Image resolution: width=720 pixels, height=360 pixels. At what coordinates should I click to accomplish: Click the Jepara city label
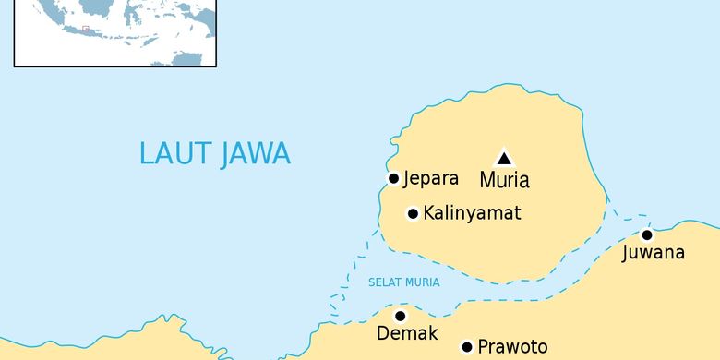pyautogui.click(x=431, y=178)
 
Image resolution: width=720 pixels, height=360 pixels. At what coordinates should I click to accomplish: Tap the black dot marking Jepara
pyautogui.click(x=393, y=178)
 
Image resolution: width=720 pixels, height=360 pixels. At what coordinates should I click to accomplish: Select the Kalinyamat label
pyautogui.click(x=472, y=213)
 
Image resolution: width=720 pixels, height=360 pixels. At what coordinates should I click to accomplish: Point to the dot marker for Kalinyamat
pyautogui.click(x=413, y=214)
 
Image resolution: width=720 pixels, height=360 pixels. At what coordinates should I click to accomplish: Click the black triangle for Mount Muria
pyautogui.click(x=504, y=158)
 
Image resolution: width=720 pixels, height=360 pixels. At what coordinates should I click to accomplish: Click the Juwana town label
pyautogui.click(x=654, y=252)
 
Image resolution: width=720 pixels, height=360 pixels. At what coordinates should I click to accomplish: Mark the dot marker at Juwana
pyautogui.click(x=647, y=234)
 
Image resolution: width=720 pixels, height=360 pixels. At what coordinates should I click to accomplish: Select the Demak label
pyautogui.click(x=407, y=334)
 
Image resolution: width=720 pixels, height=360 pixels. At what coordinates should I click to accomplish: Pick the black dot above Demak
pyautogui.click(x=401, y=316)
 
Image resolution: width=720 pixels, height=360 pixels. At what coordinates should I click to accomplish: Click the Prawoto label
pyautogui.click(x=512, y=348)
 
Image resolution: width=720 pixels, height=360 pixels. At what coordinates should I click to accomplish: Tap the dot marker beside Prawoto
pyautogui.click(x=467, y=347)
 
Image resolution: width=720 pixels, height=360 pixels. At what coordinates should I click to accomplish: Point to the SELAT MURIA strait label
pyautogui.click(x=403, y=282)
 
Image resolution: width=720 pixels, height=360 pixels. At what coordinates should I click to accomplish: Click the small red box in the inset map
pyautogui.click(x=86, y=29)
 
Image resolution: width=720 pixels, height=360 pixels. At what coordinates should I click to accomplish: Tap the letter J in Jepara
pyautogui.click(x=407, y=178)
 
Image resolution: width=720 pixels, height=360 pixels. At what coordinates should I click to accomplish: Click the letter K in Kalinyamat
pyautogui.click(x=429, y=213)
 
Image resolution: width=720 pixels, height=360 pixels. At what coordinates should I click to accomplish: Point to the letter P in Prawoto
pyautogui.click(x=483, y=348)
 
